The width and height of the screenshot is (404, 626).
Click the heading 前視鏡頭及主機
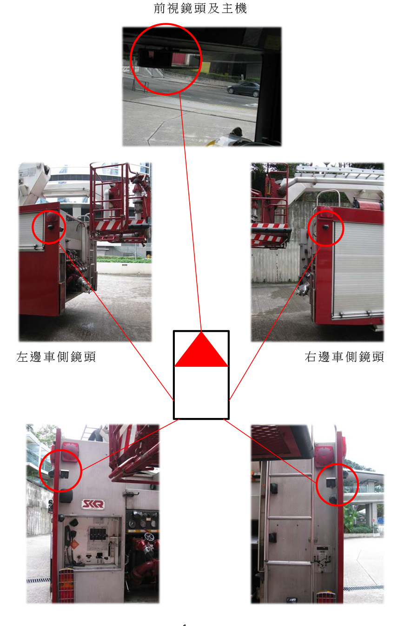pyautogui.click(x=200, y=8)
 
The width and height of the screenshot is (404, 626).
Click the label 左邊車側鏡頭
pyautogui.click(x=56, y=357)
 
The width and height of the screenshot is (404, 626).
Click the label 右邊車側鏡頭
pyautogui.click(x=344, y=357)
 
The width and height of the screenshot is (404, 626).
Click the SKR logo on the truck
pyautogui.click(x=93, y=504)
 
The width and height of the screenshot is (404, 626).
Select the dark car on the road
pyautogui.click(x=243, y=89)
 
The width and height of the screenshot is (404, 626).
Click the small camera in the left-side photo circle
pyautogui.click(x=51, y=227)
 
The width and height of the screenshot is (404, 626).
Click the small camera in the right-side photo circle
pyautogui.click(x=325, y=227)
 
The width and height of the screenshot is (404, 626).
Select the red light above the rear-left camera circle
pyautogui.click(x=70, y=452)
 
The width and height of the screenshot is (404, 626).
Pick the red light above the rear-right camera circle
pyautogui.click(x=324, y=457)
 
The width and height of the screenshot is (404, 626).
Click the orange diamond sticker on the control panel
pyautogui.click(x=74, y=544)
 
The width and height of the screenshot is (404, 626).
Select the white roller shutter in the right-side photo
pyautogui.click(x=358, y=268)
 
